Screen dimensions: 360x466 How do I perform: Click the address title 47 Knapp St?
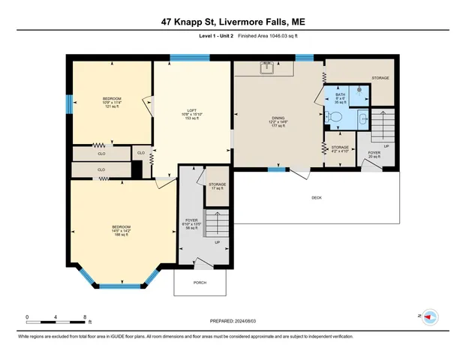pos(232,22)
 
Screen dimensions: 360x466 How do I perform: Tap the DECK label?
pos(317,197)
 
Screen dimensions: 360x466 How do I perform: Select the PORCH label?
pos(200,283)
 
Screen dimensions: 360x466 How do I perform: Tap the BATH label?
pos(340,95)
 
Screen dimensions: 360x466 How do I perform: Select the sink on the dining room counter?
pos(267,68)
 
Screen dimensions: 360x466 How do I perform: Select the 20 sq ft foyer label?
pos(374,154)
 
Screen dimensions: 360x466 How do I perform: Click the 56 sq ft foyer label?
pos(191,223)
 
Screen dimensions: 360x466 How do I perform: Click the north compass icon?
pos(430,317)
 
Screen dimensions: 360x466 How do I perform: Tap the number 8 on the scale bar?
pos(86,316)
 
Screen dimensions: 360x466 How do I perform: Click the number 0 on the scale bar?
pos(27,316)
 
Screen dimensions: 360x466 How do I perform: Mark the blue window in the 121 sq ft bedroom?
pos(69,103)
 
